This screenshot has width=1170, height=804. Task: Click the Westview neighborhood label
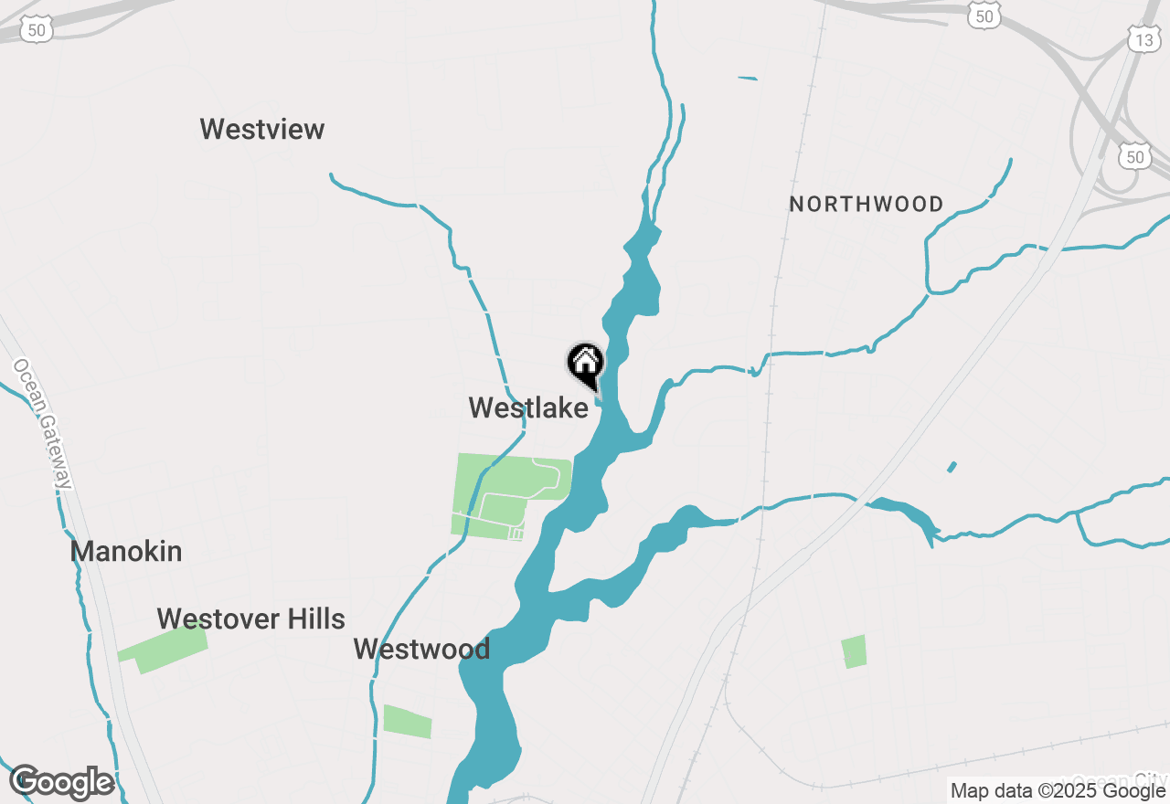point(262,129)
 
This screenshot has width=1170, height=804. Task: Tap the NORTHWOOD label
point(867,204)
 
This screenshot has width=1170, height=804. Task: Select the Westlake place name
point(528,407)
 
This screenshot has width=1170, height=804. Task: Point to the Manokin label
point(126,551)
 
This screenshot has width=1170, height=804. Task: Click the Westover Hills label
point(250,619)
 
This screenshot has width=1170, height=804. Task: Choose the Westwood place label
point(421,649)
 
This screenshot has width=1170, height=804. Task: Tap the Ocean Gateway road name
point(42,424)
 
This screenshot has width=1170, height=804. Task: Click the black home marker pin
point(585,364)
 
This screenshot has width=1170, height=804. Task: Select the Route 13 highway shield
point(1143,38)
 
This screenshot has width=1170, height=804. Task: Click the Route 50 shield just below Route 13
point(1134,156)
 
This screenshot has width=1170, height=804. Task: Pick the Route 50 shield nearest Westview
point(36,29)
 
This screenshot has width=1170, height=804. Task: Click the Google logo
point(62,782)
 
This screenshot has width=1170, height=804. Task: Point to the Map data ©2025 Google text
point(1058,790)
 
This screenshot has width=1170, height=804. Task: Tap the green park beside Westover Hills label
point(165,648)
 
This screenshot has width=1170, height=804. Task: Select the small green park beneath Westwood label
point(407,721)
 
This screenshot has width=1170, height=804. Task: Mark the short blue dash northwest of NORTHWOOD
point(748,79)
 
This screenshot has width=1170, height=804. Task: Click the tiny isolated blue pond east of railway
point(952,467)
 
